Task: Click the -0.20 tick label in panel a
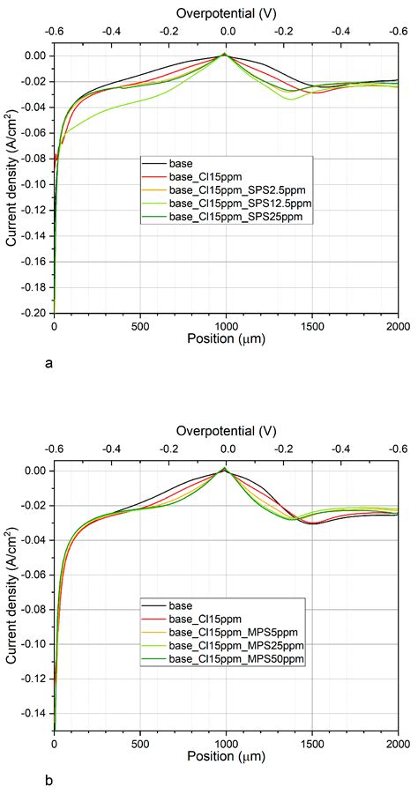31,313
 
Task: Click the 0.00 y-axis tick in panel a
34,56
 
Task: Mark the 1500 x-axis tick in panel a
312,325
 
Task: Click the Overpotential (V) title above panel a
227,13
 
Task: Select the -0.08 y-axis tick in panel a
31,159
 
